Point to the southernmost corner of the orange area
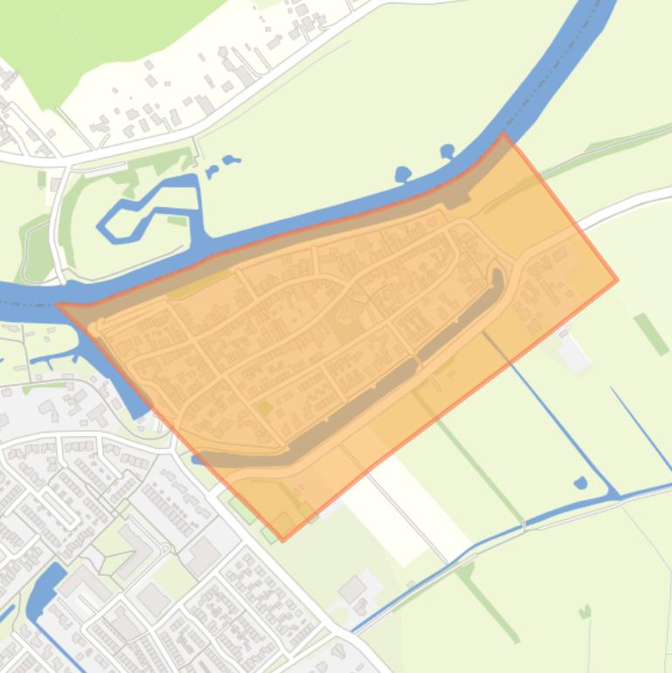(x=282, y=540)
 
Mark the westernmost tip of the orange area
(x=58, y=305)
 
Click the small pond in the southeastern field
(x=580, y=482)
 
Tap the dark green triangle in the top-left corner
(x=52, y=52)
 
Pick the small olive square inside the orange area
(x=263, y=407)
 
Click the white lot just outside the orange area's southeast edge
(x=573, y=354)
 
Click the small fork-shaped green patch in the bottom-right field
(x=584, y=611)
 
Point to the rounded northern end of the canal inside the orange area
(x=497, y=275)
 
